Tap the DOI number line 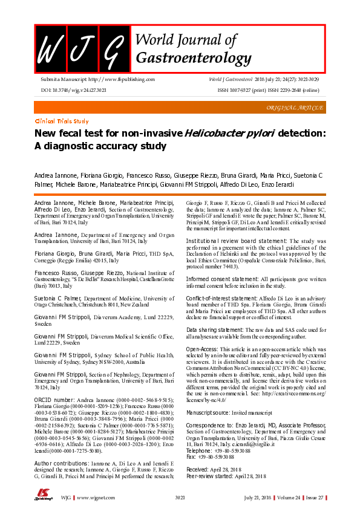(x=73, y=89)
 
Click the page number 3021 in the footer (x=180, y=498)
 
